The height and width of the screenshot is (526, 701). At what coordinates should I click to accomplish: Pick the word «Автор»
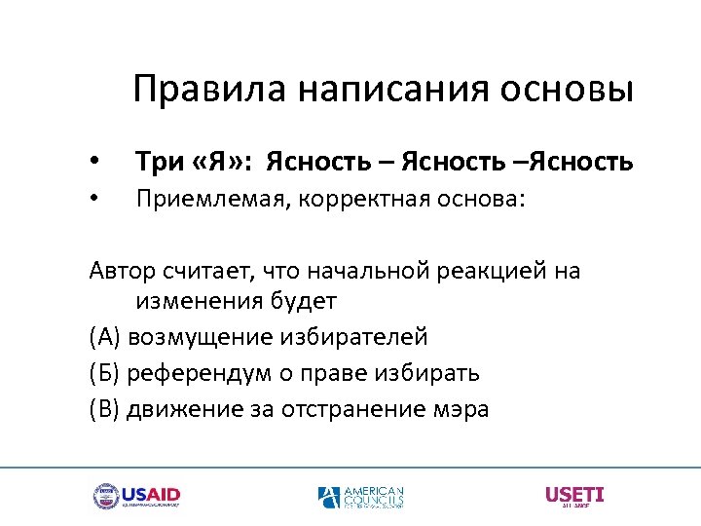120,270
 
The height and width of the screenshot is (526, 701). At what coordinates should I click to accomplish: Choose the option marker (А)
103,337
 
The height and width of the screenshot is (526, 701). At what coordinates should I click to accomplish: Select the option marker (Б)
103,373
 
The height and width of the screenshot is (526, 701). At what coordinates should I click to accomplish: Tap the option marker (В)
103,409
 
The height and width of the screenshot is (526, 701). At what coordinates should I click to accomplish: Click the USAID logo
137,496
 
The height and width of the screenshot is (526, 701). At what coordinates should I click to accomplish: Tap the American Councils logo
360,497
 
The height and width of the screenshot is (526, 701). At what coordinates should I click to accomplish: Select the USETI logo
574,496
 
